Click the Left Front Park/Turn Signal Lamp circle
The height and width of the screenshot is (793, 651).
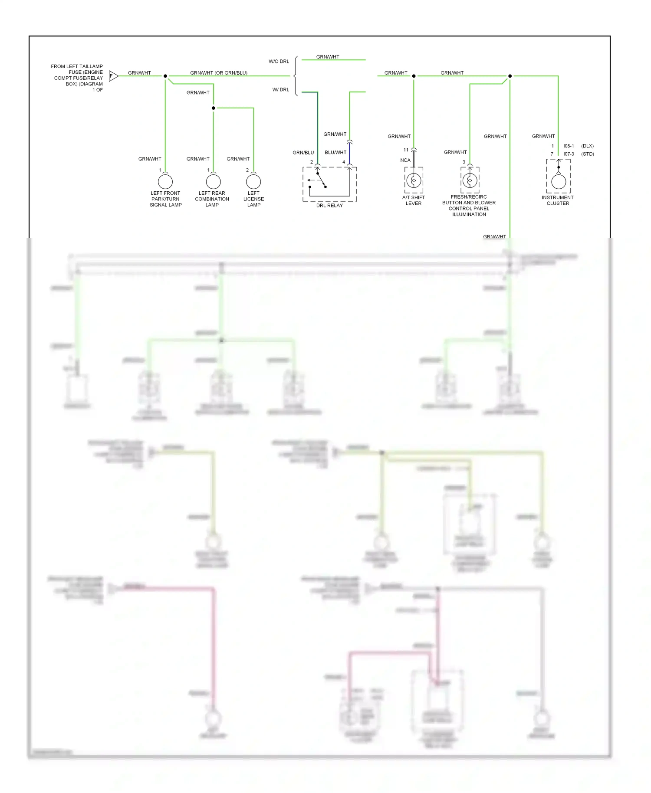click(165, 181)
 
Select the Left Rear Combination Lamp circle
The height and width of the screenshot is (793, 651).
click(213, 181)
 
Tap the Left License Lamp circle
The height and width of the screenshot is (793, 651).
click(253, 181)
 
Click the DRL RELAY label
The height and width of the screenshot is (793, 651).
click(329, 205)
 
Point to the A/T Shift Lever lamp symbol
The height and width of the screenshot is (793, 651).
click(414, 180)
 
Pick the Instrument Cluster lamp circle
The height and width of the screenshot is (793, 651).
click(559, 181)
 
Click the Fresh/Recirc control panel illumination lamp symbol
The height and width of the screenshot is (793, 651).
click(470, 180)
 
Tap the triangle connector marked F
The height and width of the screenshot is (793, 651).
click(113, 76)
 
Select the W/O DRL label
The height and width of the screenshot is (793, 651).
click(279, 61)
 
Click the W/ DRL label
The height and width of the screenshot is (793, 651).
click(280, 90)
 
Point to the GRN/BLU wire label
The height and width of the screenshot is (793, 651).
click(303, 153)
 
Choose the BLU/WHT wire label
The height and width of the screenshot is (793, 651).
click(335, 153)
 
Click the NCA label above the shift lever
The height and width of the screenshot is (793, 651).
click(405, 160)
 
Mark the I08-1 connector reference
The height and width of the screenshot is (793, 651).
click(569, 146)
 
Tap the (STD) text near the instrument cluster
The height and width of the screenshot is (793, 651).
click(588, 154)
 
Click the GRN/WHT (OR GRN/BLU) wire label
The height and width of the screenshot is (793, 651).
click(219, 73)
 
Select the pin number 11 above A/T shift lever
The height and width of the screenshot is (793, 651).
click(406, 150)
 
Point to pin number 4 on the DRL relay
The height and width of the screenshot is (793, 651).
click(344, 162)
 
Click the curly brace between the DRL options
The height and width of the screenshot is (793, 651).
click(296, 76)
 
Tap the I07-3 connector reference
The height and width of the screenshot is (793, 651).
click(569, 154)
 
